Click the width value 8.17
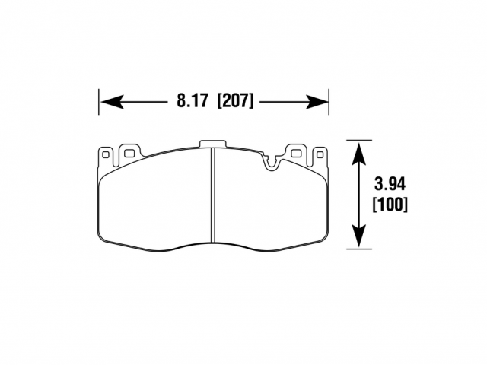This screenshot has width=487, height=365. (x=192, y=101)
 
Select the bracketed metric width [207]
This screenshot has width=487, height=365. (x=235, y=101)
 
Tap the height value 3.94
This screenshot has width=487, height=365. (x=390, y=184)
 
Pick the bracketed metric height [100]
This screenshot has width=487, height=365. (x=390, y=205)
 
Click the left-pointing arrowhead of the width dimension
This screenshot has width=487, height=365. (x=113, y=102)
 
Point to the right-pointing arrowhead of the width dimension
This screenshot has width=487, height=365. (x=317, y=102)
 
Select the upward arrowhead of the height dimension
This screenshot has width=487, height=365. (x=359, y=154)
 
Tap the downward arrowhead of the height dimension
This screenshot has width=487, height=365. (x=359, y=235)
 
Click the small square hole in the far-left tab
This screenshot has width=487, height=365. (x=106, y=154)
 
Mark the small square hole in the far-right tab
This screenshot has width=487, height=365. (x=320, y=154)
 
